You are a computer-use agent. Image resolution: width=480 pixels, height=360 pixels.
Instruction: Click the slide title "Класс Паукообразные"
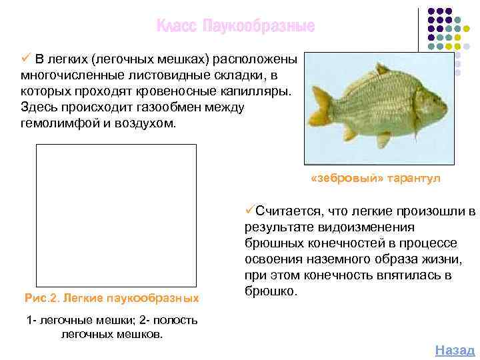click(235, 27)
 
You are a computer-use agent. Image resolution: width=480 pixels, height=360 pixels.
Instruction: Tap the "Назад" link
click(455, 350)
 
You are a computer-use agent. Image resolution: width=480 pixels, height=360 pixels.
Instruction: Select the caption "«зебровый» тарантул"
click(375, 179)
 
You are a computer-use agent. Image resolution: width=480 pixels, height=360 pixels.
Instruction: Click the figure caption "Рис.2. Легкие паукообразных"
click(111, 296)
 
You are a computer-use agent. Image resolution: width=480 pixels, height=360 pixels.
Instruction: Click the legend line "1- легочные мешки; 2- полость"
click(112, 320)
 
